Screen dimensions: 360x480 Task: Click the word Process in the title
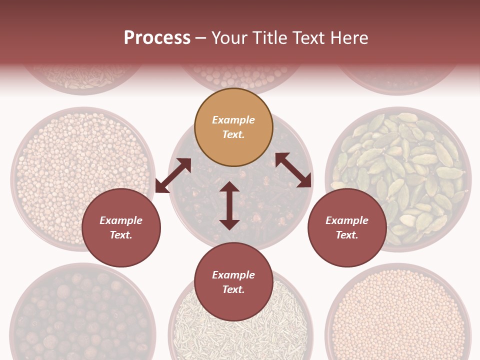157,38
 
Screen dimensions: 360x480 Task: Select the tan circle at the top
233,127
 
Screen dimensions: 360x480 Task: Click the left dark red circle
121,228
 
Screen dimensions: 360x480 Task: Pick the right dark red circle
347,228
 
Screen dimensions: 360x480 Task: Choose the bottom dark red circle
233,282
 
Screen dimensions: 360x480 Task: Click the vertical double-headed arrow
229,205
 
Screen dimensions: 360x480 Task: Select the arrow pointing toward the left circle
173,175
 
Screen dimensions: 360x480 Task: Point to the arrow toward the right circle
293,170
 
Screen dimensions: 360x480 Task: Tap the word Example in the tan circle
233,120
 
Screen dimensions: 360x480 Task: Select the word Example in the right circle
347,220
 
